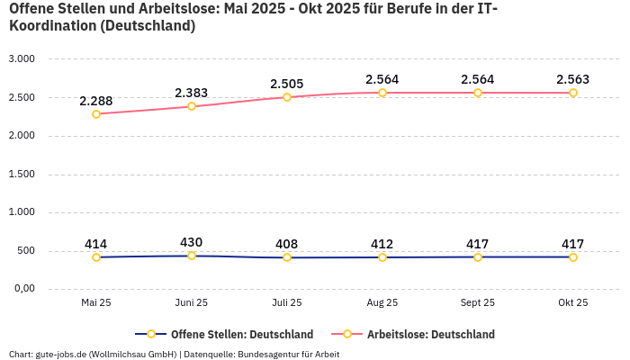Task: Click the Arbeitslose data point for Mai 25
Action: [x=96, y=114]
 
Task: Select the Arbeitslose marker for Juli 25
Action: [x=287, y=97]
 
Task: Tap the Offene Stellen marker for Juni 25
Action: [x=192, y=256]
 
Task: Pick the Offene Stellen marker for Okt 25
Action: [x=573, y=257]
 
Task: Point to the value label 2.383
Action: [x=192, y=93]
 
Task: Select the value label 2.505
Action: [x=287, y=84]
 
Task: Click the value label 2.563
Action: [x=573, y=79]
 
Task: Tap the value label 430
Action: [x=192, y=242]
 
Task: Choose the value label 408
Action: [x=287, y=244]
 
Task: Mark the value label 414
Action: [x=96, y=244]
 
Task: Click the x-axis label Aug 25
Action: [x=382, y=303]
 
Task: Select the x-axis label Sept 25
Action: [x=478, y=303]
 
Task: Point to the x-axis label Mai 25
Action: [x=96, y=303]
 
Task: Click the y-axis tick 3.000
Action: [x=22, y=59]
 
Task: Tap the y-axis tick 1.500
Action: [x=22, y=175]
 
